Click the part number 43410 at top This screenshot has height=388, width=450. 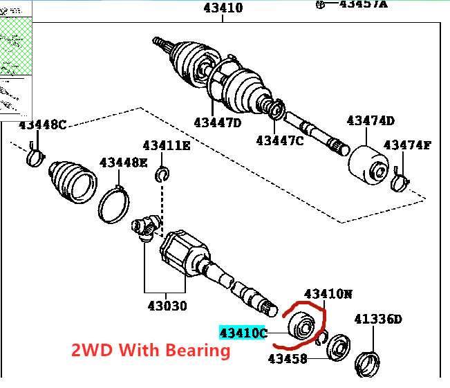pos(223,8)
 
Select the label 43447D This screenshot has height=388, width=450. pos(217,122)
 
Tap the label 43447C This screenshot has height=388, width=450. pos(279,140)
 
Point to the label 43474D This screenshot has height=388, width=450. pos(371,121)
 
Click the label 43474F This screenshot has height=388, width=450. pos(407,145)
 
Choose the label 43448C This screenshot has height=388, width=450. pos(42,125)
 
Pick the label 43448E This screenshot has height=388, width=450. pos(123,163)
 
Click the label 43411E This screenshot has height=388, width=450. pos(166,146)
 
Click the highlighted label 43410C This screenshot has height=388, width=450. pos(243,333)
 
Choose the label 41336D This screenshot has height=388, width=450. pos(377,319)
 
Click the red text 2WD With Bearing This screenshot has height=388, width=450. pos(151,350)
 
